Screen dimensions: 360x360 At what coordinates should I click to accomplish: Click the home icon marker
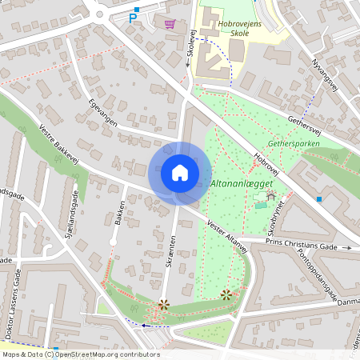180,173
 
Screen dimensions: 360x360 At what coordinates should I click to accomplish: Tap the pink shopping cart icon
169,23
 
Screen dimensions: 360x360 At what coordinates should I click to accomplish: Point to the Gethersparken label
294,144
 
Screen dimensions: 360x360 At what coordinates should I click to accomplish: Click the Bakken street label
118,214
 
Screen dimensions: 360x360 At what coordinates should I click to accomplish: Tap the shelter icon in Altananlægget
270,194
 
